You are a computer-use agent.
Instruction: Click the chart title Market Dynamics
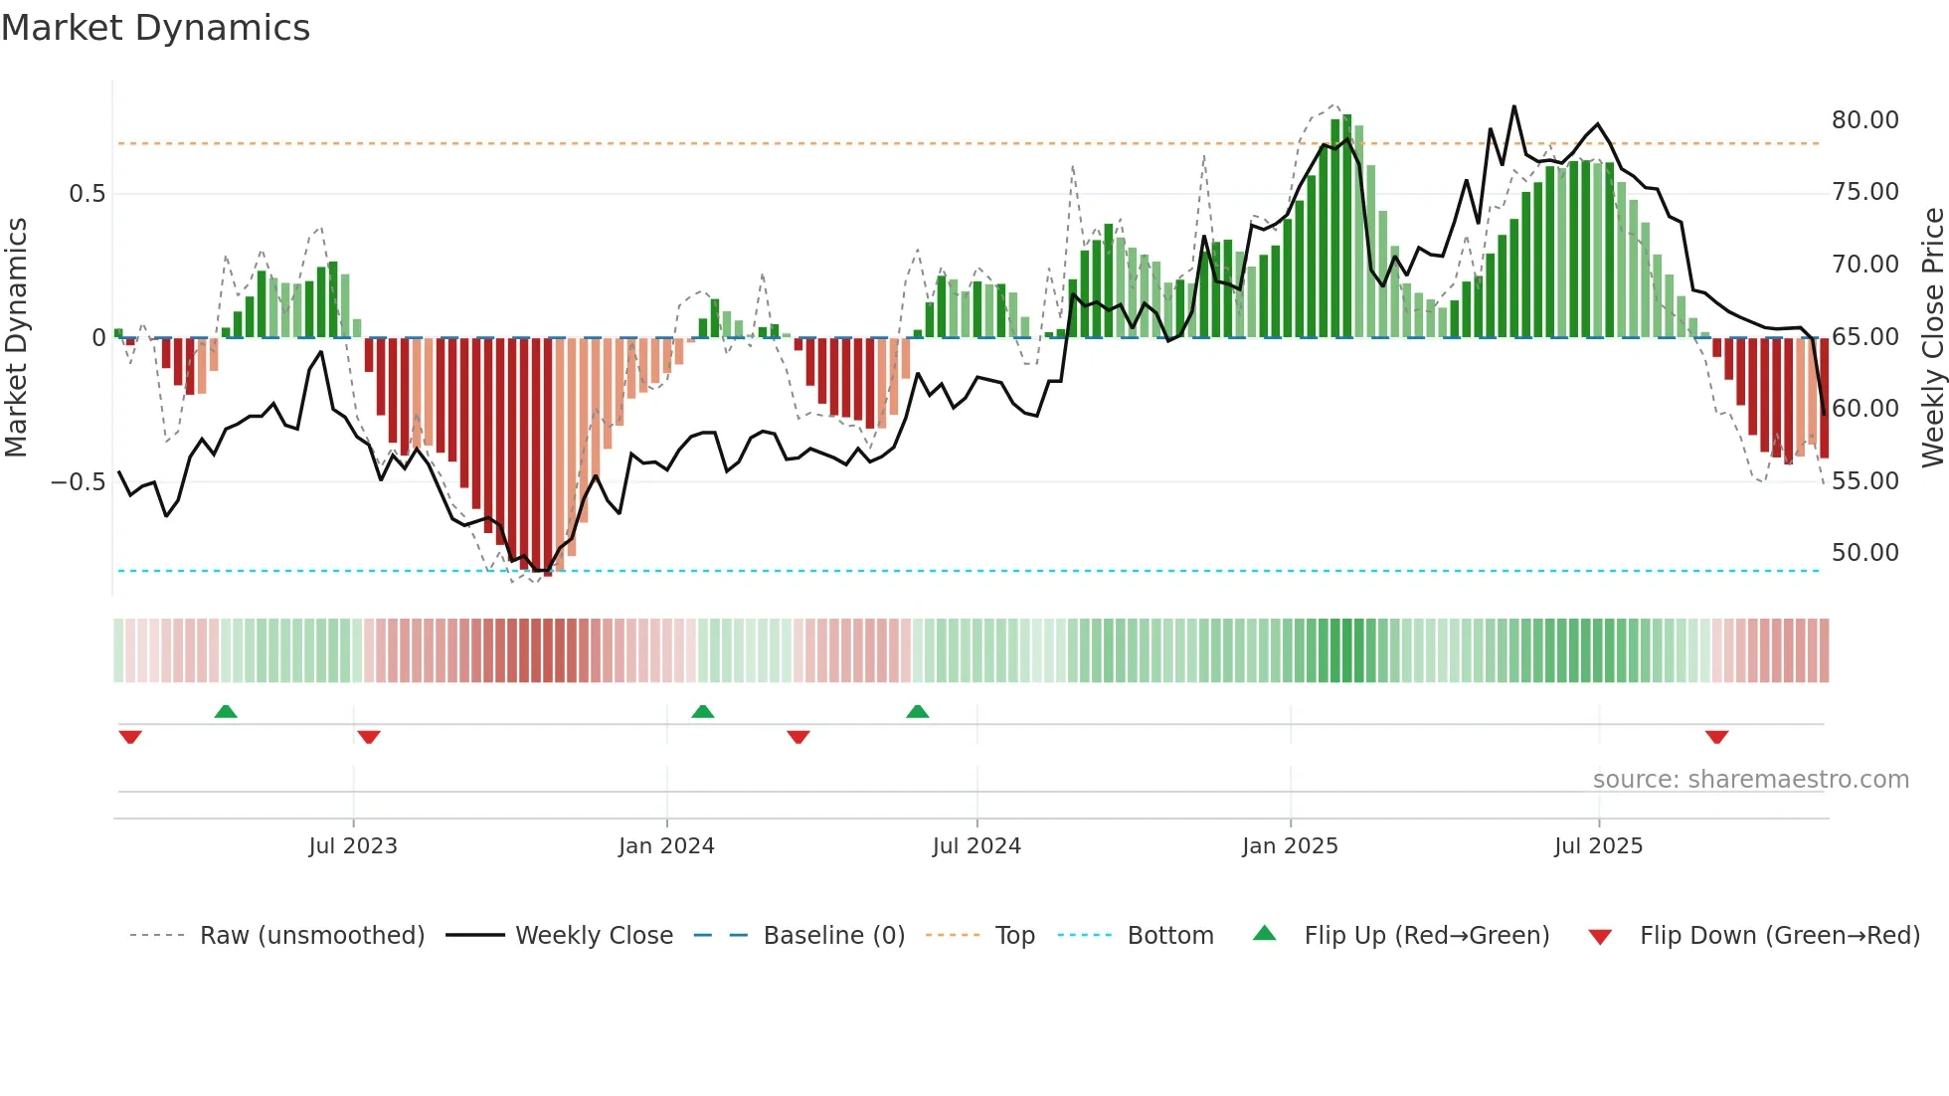point(156,28)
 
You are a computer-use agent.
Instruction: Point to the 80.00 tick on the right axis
point(1864,120)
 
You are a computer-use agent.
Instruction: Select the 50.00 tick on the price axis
point(1864,553)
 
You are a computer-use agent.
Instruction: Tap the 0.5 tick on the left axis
point(88,194)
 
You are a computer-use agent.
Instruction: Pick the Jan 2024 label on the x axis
point(666,846)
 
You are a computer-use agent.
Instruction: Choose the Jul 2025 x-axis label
point(1598,846)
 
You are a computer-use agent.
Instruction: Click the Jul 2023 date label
point(353,846)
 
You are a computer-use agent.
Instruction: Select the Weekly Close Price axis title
point(1932,337)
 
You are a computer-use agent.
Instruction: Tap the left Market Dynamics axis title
point(16,337)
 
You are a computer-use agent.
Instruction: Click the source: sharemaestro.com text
point(1750,780)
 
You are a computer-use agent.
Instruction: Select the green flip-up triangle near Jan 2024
point(703,712)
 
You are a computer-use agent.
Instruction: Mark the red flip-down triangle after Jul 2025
point(1716,737)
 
